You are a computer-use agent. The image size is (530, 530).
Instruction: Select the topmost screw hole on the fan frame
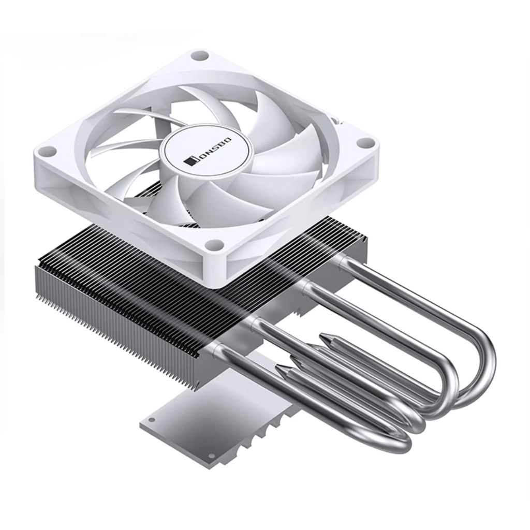coord(198,56)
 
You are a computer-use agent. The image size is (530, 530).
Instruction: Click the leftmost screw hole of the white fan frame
coord(48,151)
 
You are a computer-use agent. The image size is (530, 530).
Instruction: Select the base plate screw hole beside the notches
coord(212,456)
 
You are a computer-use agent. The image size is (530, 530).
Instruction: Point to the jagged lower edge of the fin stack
coord(114,331)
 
